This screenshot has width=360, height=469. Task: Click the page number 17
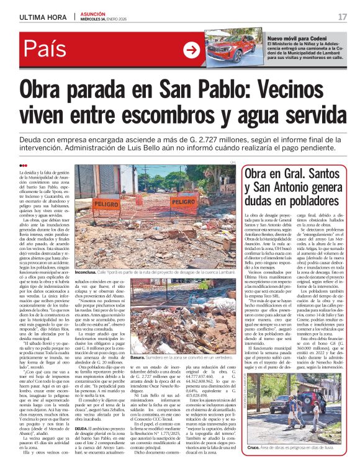pos(342,17)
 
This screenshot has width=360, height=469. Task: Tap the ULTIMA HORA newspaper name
pos(42,17)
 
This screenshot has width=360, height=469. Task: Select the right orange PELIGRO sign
pos(184,202)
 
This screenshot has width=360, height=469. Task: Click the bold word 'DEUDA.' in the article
pos(83,445)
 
